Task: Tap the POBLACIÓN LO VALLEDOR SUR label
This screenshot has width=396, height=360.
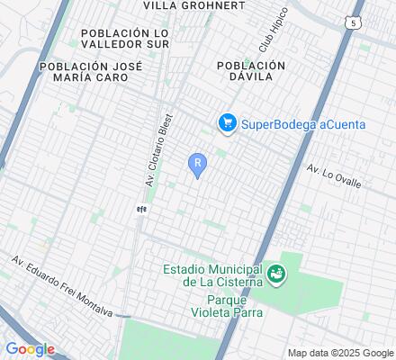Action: [x=125, y=39]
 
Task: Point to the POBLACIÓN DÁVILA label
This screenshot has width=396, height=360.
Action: [x=251, y=72]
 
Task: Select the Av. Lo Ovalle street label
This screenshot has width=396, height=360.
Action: [x=333, y=176]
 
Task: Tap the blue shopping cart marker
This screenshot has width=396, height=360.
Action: [x=227, y=123]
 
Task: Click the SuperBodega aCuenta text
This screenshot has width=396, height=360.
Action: [x=302, y=123]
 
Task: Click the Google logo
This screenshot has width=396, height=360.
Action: [x=30, y=348]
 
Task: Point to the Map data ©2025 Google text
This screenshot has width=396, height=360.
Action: [x=341, y=353]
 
